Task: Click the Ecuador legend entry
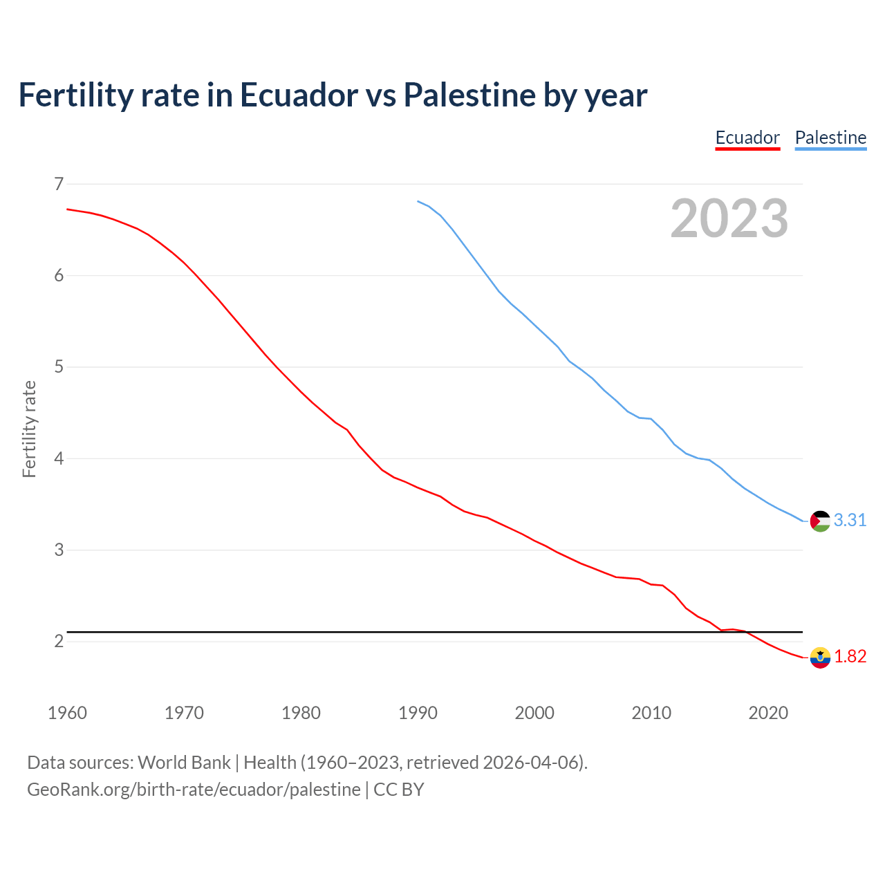coord(747,138)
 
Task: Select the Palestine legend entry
coord(830,138)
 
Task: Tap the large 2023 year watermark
coord(729,218)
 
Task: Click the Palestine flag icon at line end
coord(820,521)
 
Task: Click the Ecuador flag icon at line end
coord(820,657)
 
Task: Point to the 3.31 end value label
coord(850,521)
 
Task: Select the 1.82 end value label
coord(850,657)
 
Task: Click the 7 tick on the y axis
coord(58,184)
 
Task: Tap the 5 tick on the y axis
coord(58,366)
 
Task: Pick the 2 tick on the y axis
coord(58,641)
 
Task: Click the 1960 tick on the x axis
coord(67,713)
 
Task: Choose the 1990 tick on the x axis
coord(418,713)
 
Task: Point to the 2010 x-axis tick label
coord(651,713)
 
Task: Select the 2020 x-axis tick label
coord(768,713)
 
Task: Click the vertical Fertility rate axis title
coord(29,429)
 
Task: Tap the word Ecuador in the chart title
coord(299,95)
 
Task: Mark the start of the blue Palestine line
coord(418,201)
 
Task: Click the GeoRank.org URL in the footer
coord(194,789)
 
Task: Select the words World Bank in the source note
coord(184,762)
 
